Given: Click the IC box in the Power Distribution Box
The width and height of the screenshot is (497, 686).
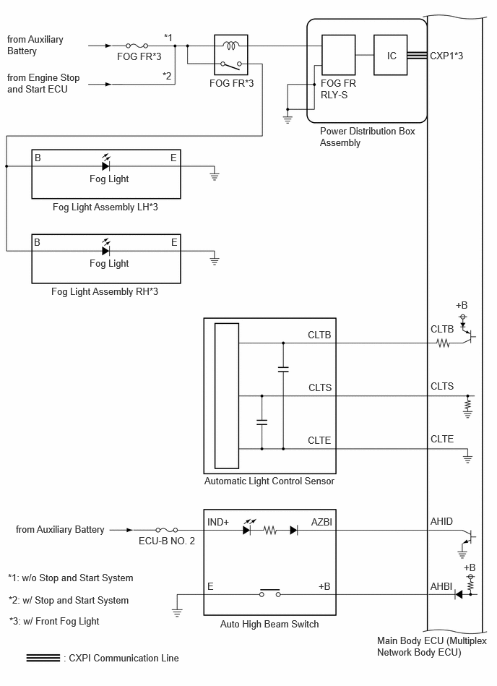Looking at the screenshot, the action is (x=390, y=55).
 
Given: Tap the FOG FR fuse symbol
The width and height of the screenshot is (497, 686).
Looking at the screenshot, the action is (x=137, y=46).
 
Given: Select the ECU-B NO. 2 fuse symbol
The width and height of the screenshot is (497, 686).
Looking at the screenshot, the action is (x=167, y=530).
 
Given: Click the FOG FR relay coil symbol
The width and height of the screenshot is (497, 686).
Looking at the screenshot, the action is (x=230, y=45).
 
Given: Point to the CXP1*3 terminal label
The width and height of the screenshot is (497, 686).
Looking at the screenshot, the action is (x=446, y=56).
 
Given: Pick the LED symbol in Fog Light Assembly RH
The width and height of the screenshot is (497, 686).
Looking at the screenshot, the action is (x=105, y=248).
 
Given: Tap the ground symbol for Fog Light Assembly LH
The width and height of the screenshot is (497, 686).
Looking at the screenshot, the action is (x=214, y=176).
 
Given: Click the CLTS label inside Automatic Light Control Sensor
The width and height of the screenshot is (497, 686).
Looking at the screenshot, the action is (x=320, y=387).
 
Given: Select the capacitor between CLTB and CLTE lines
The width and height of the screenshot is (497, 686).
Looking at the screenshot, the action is (x=283, y=369).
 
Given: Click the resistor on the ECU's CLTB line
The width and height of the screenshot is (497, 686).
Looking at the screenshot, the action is (x=444, y=343).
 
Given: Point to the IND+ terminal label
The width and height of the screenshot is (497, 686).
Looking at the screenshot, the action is (x=218, y=522).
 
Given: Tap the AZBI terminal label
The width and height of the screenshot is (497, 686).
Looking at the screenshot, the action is (x=321, y=522).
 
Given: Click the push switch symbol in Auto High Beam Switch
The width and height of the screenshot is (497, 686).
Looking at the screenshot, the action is (x=269, y=593).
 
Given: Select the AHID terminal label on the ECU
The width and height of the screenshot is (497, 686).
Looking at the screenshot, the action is (x=441, y=521).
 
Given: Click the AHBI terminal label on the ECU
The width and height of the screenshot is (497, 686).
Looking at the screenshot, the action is (x=441, y=586).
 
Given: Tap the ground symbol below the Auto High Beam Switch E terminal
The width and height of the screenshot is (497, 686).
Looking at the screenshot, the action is (x=177, y=612).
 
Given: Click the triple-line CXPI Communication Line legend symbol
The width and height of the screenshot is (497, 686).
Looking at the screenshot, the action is (x=43, y=658).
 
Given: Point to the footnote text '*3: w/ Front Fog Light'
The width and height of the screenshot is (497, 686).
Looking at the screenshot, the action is (x=54, y=621).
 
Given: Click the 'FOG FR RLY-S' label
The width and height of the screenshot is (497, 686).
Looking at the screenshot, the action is (x=338, y=89).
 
